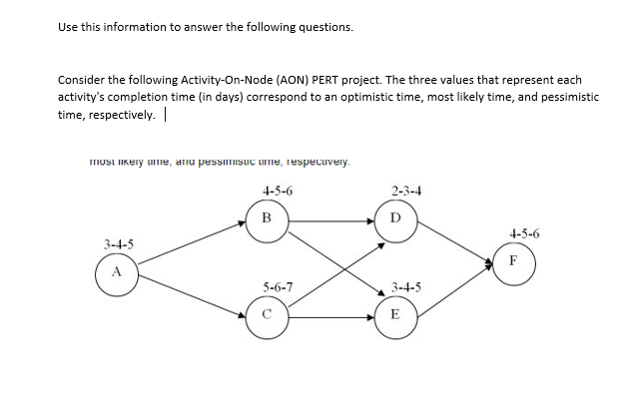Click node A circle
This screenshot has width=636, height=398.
click(116, 272)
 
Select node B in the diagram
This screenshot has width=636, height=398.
click(266, 217)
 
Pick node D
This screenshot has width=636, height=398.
click(395, 217)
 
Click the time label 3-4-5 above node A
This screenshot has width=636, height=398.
click(120, 243)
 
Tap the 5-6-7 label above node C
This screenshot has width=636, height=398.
click(278, 287)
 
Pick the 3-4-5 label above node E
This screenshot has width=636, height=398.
click(407, 287)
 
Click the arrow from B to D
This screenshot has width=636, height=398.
click(330, 217)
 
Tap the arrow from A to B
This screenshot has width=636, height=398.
click(190, 244)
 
